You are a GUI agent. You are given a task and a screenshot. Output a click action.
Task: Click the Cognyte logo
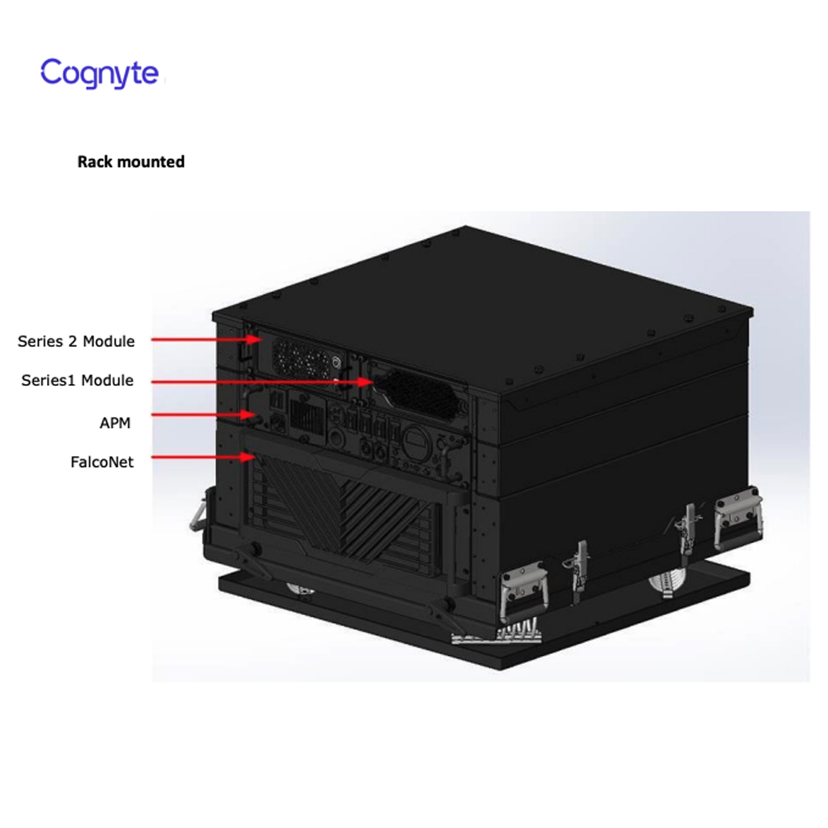tap(100, 73)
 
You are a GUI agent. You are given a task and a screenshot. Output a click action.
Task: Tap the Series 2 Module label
tap(76, 342)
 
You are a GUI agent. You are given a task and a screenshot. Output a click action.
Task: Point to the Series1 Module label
tap(77, 381)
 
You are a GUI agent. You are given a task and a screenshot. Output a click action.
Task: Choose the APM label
tap(115, 423)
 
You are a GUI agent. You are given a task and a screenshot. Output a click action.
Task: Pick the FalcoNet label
tap(102, 462)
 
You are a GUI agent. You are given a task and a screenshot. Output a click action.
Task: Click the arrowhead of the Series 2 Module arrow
tap(254, 339)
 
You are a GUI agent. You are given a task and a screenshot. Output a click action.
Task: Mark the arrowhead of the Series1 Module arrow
tap(365, 381)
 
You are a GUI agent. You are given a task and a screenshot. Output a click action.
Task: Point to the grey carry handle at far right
tap(739, 519)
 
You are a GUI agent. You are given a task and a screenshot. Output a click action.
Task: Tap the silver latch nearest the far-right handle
tap(687, 530)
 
